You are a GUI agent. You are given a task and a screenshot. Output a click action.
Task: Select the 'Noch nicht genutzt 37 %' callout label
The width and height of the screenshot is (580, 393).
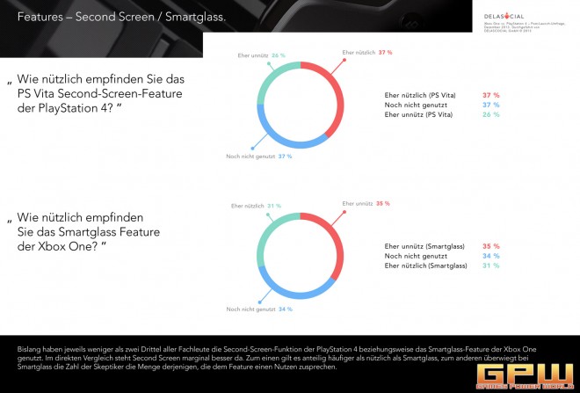(258, 157)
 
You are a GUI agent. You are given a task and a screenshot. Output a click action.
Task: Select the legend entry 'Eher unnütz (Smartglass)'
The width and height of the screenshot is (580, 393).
(424, 246)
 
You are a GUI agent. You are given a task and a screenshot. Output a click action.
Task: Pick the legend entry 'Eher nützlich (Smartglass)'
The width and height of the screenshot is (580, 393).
(425, 265)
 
